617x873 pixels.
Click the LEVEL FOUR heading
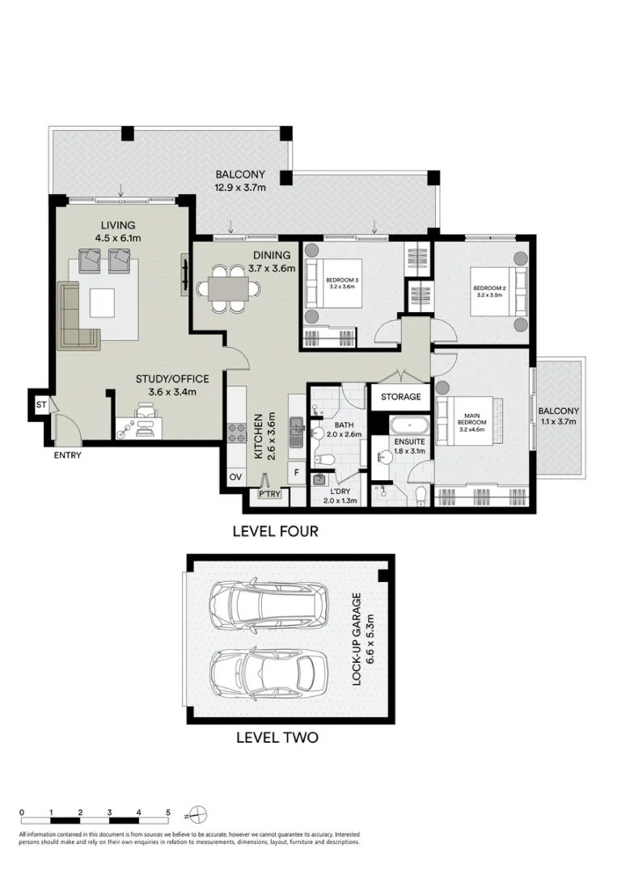pos(275,531)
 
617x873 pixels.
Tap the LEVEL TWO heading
pos(277,737)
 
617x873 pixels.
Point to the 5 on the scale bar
pos(168,812)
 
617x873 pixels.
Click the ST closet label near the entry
pos(40,405)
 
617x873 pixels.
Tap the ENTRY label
pos(68,455)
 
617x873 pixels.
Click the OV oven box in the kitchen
pos(236,477)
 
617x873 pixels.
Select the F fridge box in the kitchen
pos(297,473)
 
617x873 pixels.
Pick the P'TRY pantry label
pos(268,493)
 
